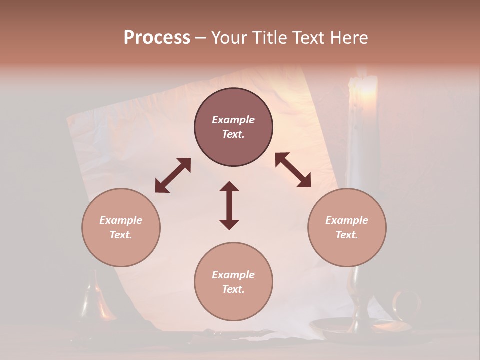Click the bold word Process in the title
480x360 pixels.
click(x=157, y=38)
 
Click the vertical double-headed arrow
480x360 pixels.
click(x=229, y=205)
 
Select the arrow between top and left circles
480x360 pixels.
click(x=173, y=175)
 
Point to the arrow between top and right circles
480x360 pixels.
click(x=293, y=170)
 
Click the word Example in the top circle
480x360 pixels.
click(x=233, y=120)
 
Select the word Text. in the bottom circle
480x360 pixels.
click(x=233, y=289)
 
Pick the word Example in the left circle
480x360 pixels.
click(x=121, y=220)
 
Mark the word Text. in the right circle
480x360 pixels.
click(x=347, y=235)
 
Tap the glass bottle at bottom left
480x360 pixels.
click(x=92, y=300)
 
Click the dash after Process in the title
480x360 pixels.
click(x=200, y=38)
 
